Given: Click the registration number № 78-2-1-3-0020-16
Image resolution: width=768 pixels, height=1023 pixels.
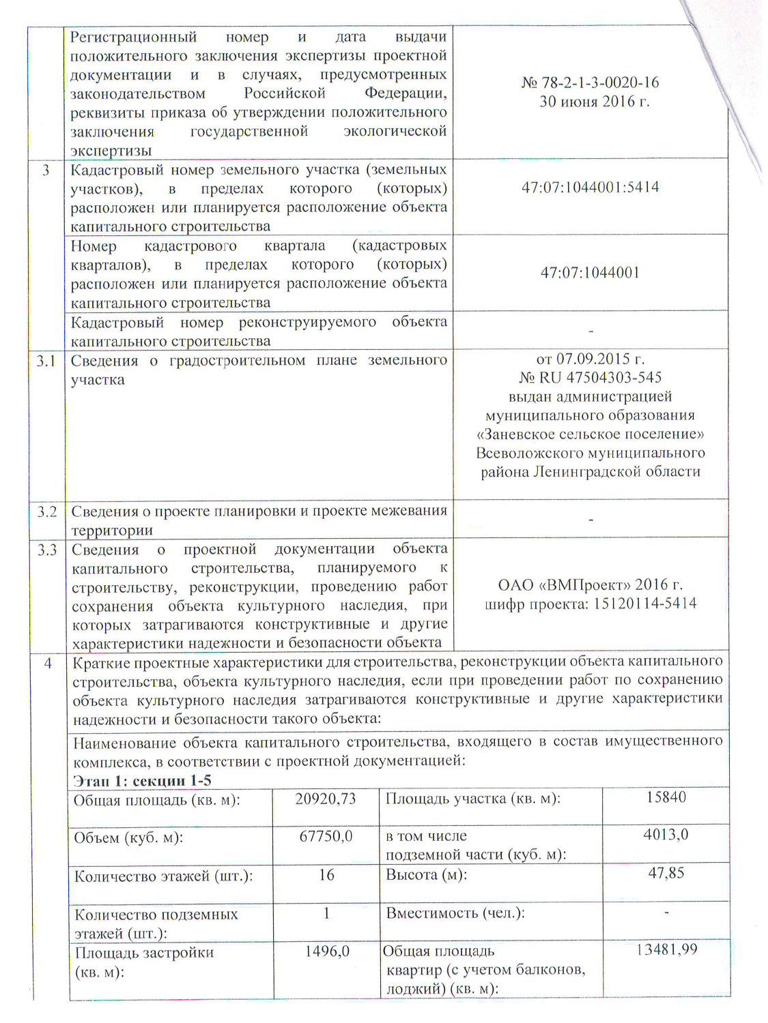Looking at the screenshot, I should point(590,83).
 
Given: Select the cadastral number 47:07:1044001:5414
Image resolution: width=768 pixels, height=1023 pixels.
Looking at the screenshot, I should point(590,188).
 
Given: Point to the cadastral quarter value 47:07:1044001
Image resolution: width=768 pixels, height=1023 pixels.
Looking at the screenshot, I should point(590,273).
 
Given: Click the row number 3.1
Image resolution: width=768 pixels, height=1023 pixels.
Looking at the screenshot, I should point(46,360).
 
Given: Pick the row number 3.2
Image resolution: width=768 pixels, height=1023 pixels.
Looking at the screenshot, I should point(46,511).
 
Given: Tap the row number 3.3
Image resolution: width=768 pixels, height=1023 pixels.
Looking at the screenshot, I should point(46,549).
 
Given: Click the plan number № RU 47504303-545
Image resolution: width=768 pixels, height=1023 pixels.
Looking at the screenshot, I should point(590,377).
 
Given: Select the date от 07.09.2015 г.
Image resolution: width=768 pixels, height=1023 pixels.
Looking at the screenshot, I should point(590,359).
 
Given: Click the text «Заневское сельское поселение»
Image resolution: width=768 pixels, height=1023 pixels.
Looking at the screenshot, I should point(590,434).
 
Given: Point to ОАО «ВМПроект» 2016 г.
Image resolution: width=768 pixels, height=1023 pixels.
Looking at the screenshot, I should point(590,584).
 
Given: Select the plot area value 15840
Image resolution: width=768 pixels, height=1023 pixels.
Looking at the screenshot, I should point(666,797).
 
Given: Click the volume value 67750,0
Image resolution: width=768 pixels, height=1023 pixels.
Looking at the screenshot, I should point(326,836).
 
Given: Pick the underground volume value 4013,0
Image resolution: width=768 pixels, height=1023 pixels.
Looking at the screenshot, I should point(666,834).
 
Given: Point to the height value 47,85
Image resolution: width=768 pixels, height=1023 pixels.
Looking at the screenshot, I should point(666,873).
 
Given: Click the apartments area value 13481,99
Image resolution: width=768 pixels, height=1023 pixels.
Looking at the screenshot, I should point(666,949).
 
